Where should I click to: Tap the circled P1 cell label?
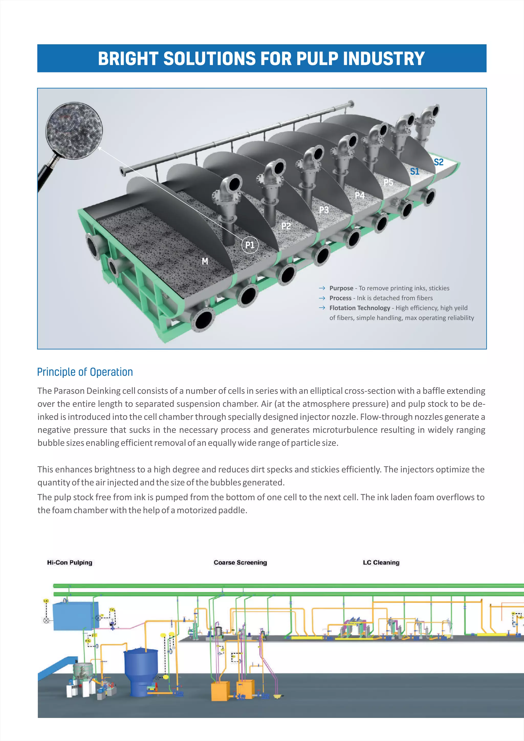click(250, 245)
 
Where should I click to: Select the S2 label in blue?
click(439, 162)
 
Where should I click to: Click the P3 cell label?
click(324, 210)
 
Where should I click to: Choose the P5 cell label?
click(388, 182)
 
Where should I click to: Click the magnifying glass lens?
click(74, 130)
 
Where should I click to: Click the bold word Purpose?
click(341, 288)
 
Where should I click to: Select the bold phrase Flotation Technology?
click(359, 308)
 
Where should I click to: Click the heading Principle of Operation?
click(85, 372)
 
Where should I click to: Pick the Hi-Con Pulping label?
click(70, 562)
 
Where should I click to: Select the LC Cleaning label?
click(381, 562)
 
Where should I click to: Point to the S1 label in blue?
click(414, 171)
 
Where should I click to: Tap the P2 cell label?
click(286, 226)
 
